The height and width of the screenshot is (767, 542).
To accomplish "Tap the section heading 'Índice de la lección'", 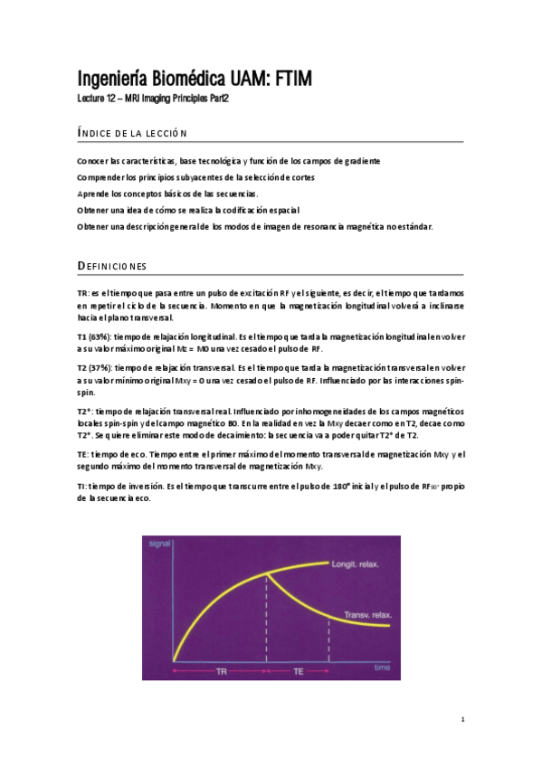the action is pyautogui.click(x=132, y=134).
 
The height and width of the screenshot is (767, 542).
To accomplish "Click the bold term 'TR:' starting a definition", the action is pyautogui.click(x=83, y=294).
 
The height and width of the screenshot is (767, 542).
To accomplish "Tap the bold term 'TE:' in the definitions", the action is pyautogui.click(x=83, y=455).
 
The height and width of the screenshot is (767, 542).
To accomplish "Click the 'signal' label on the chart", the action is pyautogui.click(x=160, y=544).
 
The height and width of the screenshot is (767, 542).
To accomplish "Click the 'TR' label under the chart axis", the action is pyautogui.click(x=222, y=672).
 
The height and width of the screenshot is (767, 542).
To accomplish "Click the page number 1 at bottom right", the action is pyautogui.click(x=462, y=719).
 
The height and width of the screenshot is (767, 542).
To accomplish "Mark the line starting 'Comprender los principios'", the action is pyautogui.click(x=196, y=176).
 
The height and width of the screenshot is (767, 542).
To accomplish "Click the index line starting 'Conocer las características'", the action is pyautogui.click(x=228, y=160).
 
